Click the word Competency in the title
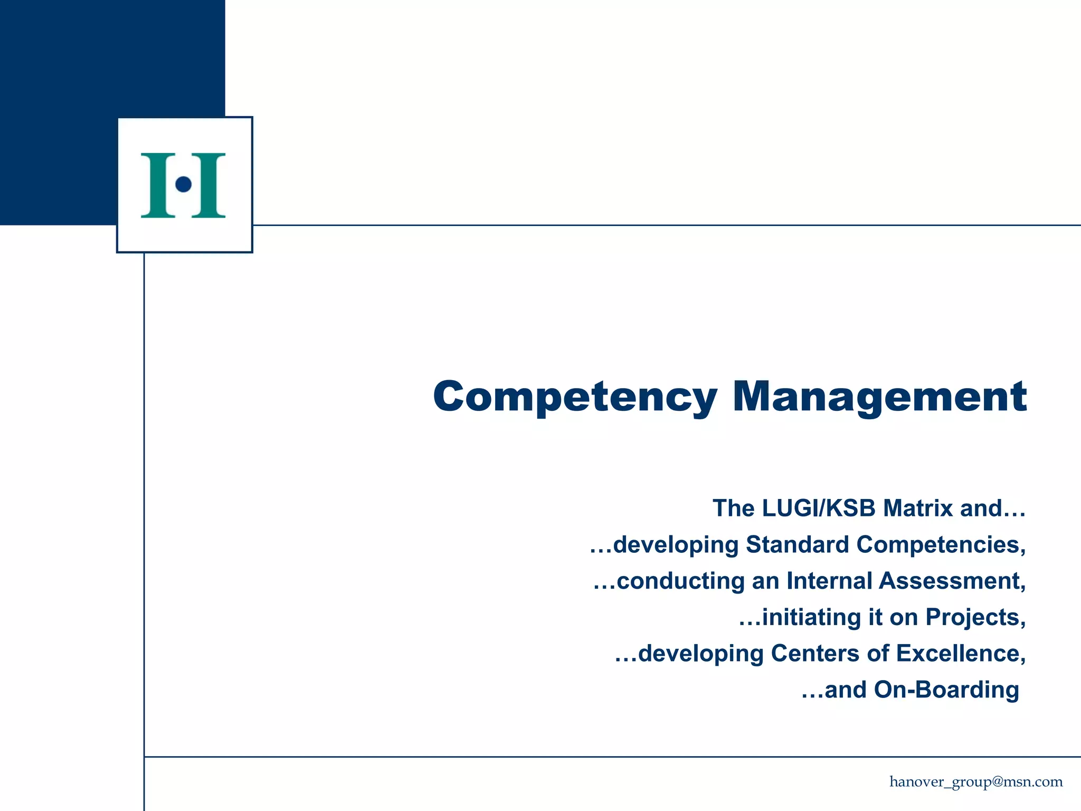575,397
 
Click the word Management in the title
879,397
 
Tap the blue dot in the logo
183,184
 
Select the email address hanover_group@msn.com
976,782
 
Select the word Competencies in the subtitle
941,545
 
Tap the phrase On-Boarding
946,690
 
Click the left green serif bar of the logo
158,185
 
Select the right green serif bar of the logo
208,185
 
